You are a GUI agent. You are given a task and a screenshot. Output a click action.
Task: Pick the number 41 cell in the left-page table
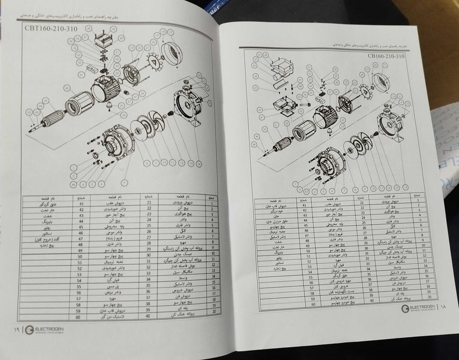[81, 203]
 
